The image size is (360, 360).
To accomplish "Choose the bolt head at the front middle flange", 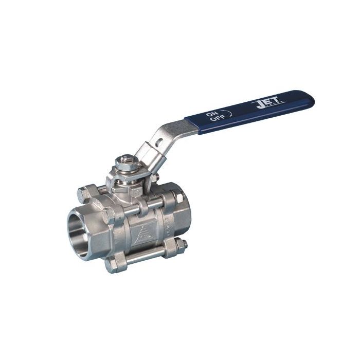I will pyautogui.click(x=109, y=215).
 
